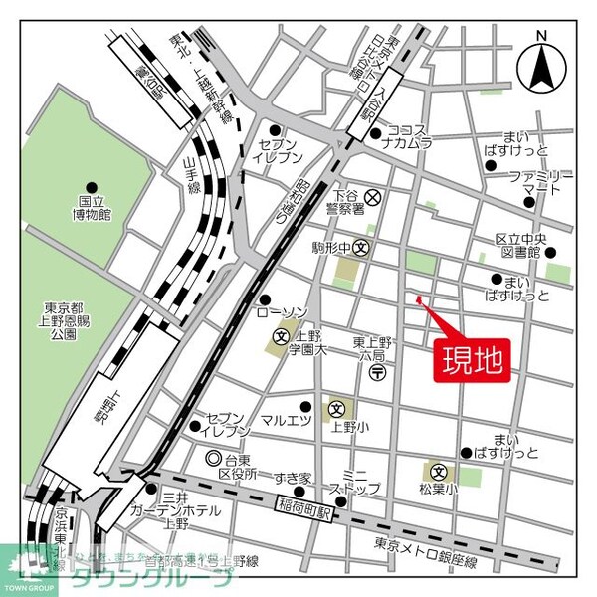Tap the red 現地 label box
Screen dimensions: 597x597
[472, 356]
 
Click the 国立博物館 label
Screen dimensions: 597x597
[95, 207]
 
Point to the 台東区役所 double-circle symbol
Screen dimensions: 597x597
[213, 459]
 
